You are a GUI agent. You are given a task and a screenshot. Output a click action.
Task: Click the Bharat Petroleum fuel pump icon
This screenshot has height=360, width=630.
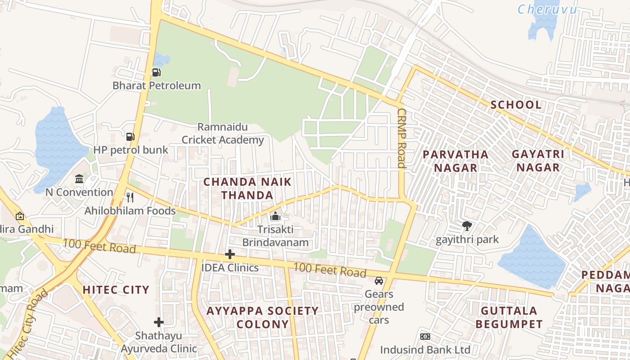click(x=156, y=72)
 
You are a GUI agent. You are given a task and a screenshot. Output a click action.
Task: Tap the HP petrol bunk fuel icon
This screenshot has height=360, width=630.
click(x=130, y=136)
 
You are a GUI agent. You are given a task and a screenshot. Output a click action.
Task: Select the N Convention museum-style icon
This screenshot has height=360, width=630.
click(x=80, y=179)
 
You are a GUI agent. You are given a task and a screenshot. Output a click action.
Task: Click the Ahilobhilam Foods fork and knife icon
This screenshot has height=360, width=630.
click(x=130, y=198)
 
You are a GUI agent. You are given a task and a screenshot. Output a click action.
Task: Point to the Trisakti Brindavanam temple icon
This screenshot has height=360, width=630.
click(x=275, y=216)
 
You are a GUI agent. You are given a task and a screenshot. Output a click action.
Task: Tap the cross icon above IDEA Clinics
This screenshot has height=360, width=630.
click(x=230, y=254)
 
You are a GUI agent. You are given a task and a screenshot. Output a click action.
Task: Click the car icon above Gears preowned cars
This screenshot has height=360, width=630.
click(x=379, y=281)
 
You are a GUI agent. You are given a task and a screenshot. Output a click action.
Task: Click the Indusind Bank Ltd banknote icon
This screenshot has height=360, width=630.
click(x=425, y=337)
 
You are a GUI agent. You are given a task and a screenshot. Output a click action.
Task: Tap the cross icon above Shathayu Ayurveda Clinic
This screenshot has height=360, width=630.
click(x=158, y=322)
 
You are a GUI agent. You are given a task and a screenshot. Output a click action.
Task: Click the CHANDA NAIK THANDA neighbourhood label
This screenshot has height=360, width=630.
click(x=247, y=189)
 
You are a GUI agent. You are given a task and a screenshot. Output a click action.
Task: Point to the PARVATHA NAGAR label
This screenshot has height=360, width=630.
click(x=455, y=161)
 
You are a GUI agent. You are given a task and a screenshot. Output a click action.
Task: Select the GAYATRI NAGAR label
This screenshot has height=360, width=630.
click(x=538, y=161)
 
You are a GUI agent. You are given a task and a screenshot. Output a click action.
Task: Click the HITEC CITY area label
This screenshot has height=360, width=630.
click(x=116, y=290)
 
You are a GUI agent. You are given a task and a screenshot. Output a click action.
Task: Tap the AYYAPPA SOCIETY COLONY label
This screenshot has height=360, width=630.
click(x=262, y=317)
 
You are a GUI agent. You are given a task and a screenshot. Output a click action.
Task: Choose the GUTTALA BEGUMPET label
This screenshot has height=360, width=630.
click(x=509, y=317)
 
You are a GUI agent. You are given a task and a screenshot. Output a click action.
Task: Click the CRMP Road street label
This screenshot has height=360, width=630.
click(x=401, y=138)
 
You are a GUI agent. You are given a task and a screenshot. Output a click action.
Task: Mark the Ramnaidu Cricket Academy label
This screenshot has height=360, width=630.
click(x=223, y=134)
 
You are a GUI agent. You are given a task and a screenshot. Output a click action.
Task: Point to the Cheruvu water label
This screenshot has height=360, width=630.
click(x=547, y=9)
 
